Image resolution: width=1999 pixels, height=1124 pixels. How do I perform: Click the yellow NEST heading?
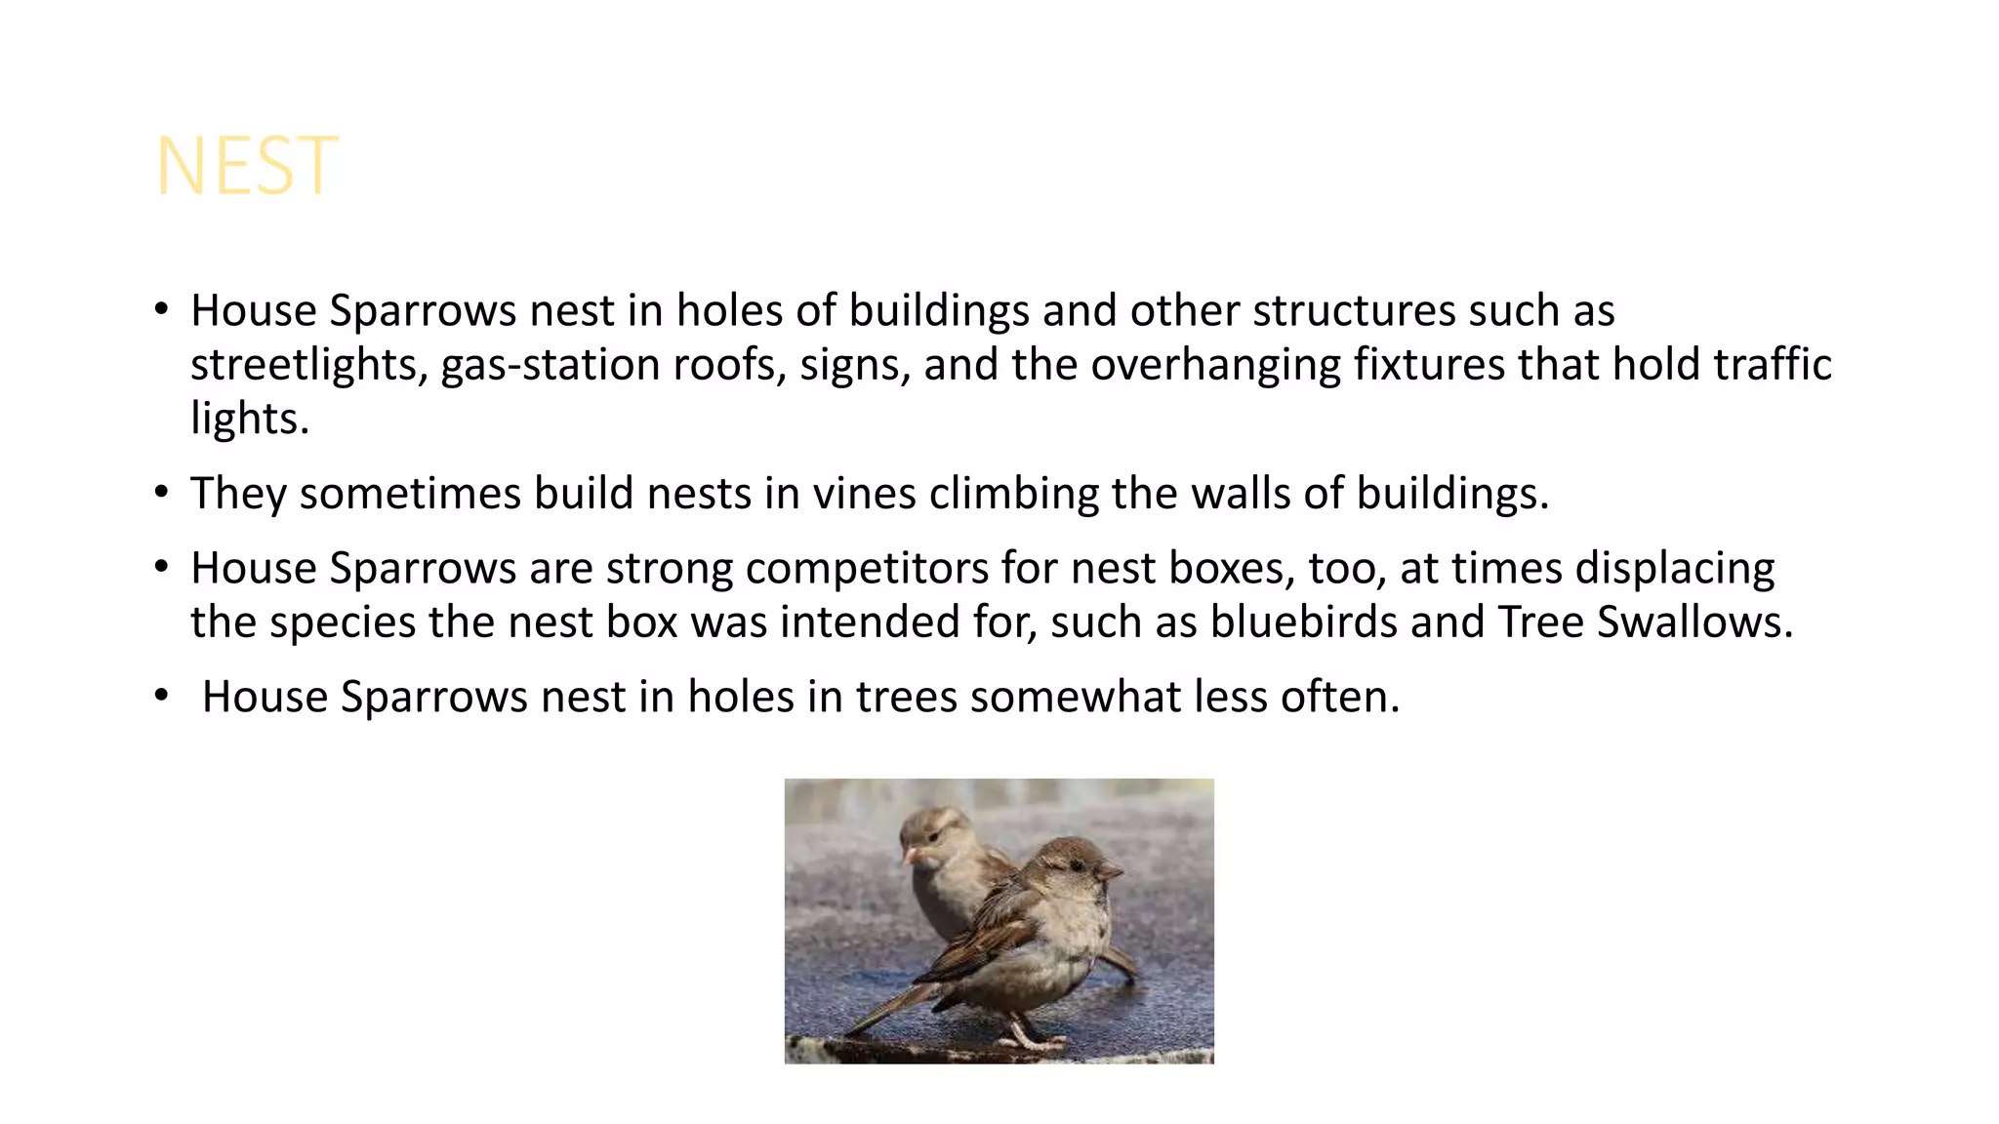[247, 167]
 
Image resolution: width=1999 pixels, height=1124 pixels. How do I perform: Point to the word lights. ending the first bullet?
[250, 419]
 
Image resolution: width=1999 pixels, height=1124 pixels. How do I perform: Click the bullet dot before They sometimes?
[161, 491]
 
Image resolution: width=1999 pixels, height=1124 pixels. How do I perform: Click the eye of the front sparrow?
[1076, 864]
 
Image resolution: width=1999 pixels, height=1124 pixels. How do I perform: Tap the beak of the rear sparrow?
[911, 856]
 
